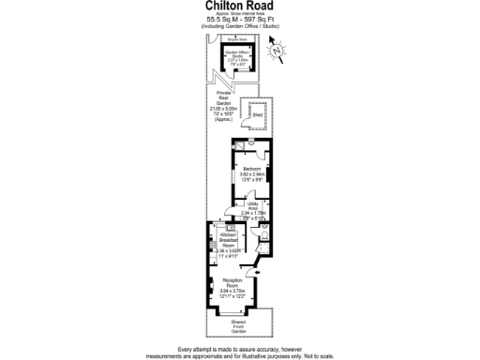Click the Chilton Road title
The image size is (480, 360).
[x=240, y=6]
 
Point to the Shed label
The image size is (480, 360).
[x=256, y=115]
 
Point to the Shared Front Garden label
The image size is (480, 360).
[x=239, y=326]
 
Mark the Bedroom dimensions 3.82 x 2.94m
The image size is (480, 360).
[x=250, y=175]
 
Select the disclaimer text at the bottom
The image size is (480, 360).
[x=240, y=351]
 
